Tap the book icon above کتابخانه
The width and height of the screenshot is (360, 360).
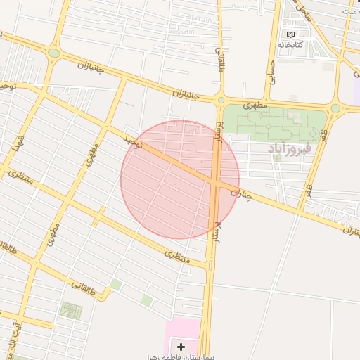click(x=290, y=33)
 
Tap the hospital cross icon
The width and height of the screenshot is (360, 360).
click(x=181, y=347)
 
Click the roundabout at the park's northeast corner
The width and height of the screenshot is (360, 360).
click(x=335, y=108)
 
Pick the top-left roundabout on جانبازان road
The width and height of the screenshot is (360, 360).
click(x=54, y=53)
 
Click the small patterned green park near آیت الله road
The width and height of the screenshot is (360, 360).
click(x=71, y=310)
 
